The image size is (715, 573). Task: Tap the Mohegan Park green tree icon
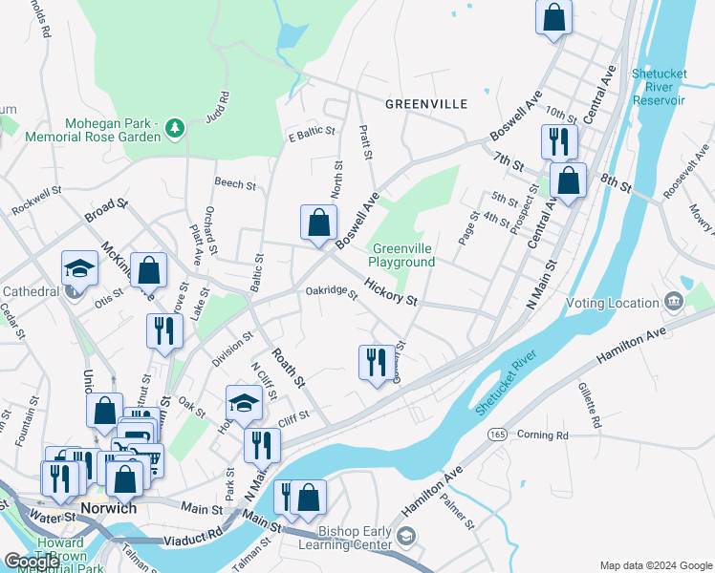click(x=174, y=126)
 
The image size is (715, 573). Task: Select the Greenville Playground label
click(x=402, y=255)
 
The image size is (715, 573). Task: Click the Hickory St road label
click(x=390, y=293)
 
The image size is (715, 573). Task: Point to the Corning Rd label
click(x=542, y=435)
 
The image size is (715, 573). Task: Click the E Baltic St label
click(x=312, y=132)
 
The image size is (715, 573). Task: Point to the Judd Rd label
click(x=218, y=108)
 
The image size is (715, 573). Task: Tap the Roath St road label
click(x=286, y=367)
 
